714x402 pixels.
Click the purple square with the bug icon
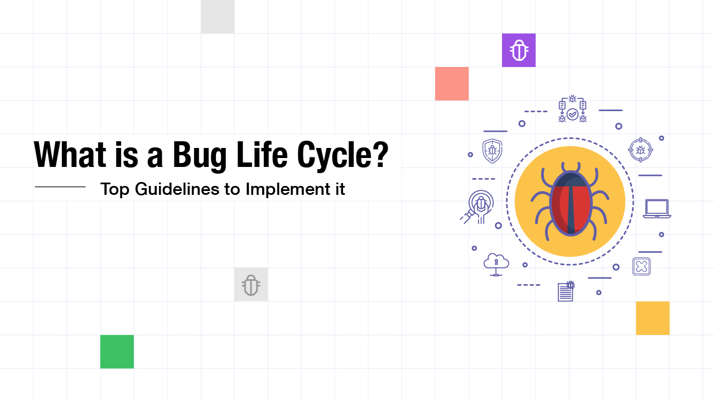(x=519, y=50)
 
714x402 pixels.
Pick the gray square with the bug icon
(x=251, y=285)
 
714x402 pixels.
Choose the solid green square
(x=117, y=352)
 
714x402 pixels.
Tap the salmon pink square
(x=452, y=84)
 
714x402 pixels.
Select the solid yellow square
(x=653, y=318)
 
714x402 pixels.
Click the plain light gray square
(x=218, y=17)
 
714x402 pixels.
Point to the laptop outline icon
(x=657, y=209)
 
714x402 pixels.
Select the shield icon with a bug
(x=492, y=151)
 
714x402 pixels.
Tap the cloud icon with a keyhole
(x=496, y=264)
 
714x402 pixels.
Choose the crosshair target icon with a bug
(x=640, y=150)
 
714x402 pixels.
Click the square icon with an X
(x=641, y=266)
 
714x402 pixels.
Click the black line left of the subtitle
(x=60, y=186)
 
